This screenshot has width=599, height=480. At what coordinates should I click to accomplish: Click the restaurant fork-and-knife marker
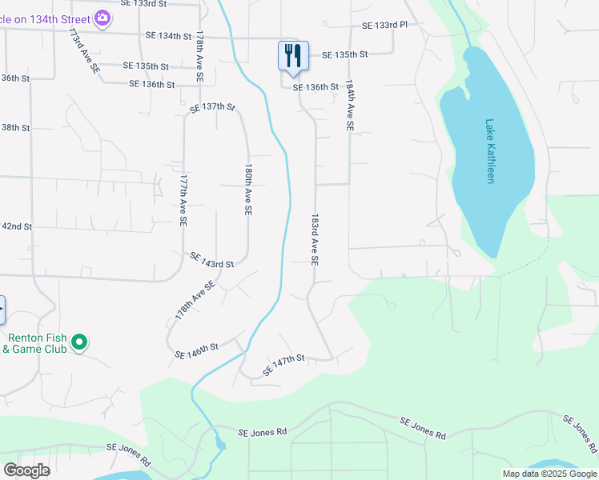293,55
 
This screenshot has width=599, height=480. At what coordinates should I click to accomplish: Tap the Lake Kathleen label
490,151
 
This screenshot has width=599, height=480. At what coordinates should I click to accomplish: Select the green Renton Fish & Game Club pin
78,342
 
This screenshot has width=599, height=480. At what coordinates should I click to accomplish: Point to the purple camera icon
102,17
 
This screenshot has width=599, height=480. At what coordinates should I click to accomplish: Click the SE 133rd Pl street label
384,26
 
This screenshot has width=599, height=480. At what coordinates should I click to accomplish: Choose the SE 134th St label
169,36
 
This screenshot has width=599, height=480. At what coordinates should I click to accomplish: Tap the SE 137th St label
212,106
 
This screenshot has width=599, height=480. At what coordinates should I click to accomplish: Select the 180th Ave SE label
248,190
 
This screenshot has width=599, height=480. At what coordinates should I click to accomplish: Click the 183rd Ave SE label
315,239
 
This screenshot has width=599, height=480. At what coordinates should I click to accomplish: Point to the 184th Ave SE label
350,105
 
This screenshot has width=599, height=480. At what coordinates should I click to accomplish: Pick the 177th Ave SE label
183,199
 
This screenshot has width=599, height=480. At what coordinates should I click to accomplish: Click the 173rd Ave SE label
83,52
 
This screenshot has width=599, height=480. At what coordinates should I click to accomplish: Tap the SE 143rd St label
211,260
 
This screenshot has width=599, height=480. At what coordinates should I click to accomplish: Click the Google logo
26,470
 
